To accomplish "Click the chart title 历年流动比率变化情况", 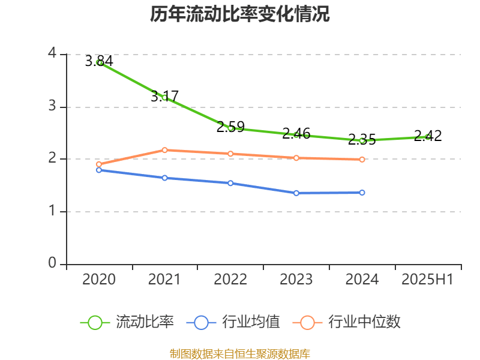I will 240,14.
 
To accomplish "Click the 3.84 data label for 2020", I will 99,61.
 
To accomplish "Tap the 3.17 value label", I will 164,95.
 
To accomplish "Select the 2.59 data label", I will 230,127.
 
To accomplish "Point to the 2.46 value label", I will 296,133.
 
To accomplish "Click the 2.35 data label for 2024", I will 362,140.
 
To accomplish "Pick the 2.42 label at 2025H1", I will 428,136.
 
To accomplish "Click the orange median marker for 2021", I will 164,150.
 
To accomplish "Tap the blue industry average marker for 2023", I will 296,193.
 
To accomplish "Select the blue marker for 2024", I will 362,193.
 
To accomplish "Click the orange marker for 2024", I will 362,160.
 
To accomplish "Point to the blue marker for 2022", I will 230,183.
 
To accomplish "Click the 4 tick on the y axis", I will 52,54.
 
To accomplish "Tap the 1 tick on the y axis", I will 52,211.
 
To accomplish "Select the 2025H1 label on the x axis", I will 428,280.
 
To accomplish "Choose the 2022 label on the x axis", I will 230,280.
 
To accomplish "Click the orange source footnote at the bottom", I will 240,353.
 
